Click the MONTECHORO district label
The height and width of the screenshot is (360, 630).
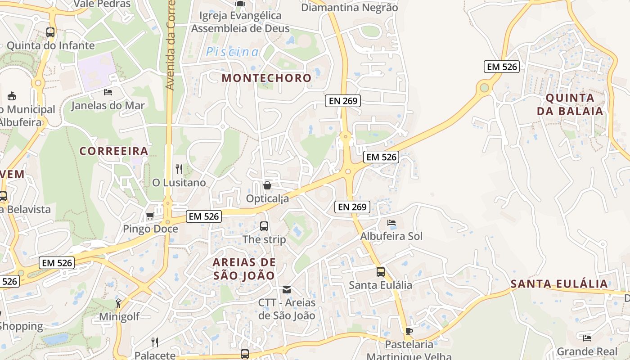(x=266, y=78)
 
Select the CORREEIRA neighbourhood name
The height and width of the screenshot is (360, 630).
(x=114, y=151)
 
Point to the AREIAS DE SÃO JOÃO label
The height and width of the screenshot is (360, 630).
(x=244, y=269)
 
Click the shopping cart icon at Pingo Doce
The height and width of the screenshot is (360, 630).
(x=150, y=216)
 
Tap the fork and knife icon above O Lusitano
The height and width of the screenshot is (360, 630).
(x=179, y=169)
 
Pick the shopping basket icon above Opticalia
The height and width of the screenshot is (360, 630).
(x=267, y=185)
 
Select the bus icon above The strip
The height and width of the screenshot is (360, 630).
(x=264, y=226)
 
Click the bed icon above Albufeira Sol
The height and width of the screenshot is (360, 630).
(x=391, y=223)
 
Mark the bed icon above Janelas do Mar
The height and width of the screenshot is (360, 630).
(x=108, y=92)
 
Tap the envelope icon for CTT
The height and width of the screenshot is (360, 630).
(x=287, y=290)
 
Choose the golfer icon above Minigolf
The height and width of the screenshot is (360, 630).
(x=118, y=303)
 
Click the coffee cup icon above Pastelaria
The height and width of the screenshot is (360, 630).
(x=409, y=332)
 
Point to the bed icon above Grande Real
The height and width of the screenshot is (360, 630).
(x=587, y=338)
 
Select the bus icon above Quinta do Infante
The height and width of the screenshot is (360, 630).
(x=50, y=32)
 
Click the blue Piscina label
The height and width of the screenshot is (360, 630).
(x=232, y=52)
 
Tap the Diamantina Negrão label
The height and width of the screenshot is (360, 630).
(x=349, y=8)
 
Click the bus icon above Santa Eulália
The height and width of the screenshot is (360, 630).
(x=381, y=271)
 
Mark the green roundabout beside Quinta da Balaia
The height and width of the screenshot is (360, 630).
(x=484, y=88)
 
